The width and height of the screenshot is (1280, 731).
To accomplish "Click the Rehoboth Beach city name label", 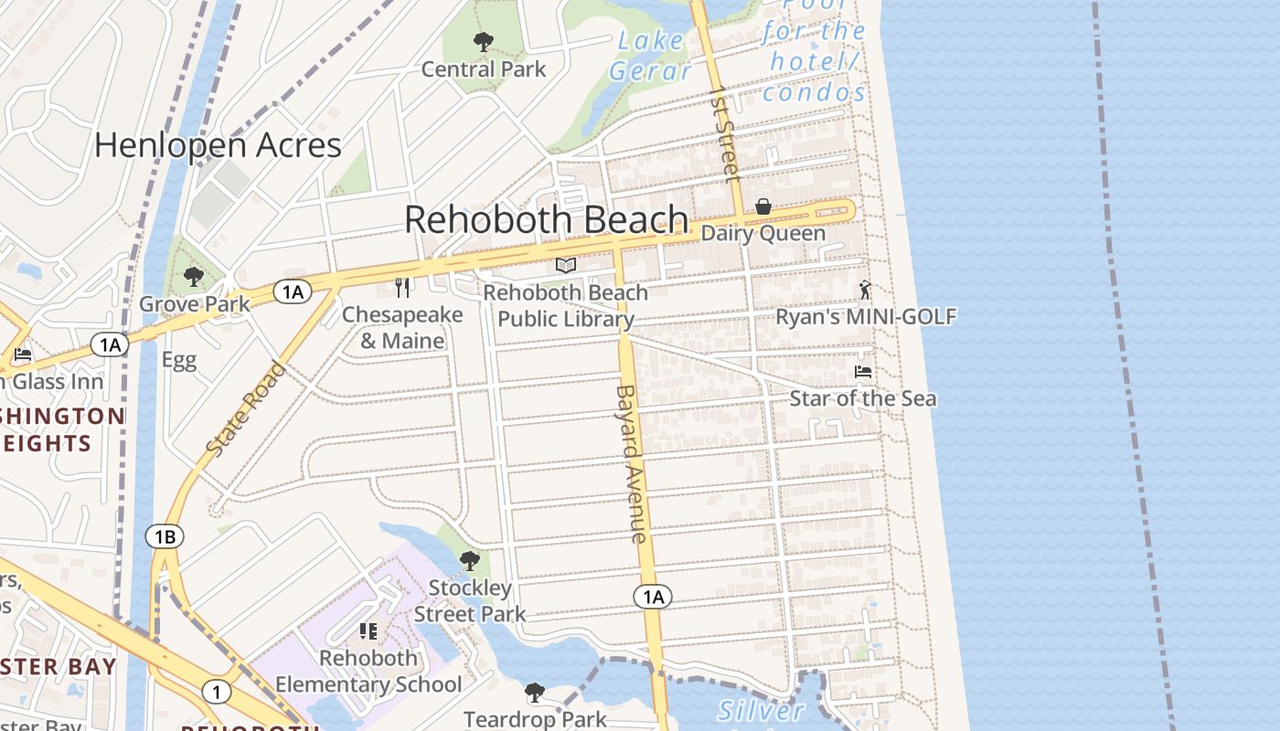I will coord(546,220).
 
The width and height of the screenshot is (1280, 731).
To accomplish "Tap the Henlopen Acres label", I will coord(218,145).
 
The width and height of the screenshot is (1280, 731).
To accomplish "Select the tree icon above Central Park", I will coord(483,41).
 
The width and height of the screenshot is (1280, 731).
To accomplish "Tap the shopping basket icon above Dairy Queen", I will coord(763,207).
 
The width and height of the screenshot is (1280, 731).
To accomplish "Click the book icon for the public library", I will coord(566,265).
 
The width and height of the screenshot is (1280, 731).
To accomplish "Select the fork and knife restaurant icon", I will coord(402,287).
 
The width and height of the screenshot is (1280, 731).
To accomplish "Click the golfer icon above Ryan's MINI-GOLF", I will coord(865,290).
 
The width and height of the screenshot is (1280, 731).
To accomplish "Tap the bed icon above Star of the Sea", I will coord(862,372).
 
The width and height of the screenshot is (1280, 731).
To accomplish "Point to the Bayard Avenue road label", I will coord(631,463).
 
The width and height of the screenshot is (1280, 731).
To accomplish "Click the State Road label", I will coord(245,410).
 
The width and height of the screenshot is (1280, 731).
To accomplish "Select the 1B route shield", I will coord(165,536).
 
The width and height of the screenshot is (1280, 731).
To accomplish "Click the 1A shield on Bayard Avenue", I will coord(652,598).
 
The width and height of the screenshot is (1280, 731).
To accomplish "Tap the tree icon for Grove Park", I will coord(193,276).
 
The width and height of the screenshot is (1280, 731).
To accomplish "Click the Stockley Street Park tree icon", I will coord(470,560).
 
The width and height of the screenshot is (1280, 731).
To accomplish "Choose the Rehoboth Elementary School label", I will coord(368,671).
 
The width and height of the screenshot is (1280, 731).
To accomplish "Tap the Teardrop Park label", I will coord(535,719).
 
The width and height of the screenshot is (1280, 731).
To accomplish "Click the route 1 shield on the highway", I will coord(216,692).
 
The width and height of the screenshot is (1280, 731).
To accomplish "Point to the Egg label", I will coord(179,360).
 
